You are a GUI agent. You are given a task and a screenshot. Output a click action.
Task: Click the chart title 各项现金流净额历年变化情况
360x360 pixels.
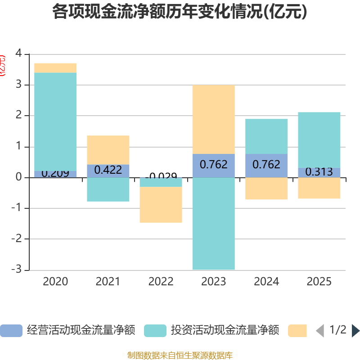(x=180, y=12)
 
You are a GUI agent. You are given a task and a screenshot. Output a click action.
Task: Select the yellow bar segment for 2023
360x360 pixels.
(x=213, y=119)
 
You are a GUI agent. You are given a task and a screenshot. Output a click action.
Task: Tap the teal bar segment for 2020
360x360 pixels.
(x=55, y=121)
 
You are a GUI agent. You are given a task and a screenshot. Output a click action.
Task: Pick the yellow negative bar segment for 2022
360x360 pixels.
(x=161, y=205)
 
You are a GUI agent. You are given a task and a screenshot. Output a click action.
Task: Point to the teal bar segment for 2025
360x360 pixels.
(x=319, y=139)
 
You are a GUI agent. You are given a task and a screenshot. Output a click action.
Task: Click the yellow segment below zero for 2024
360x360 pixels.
(x=266, y=189)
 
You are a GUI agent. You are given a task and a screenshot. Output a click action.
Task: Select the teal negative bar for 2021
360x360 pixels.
(x=108, y=189)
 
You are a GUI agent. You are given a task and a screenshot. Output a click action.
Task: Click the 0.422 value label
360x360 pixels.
(x=108, y=170)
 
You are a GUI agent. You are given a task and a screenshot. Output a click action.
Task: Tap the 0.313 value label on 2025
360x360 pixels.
(x=319, y=172)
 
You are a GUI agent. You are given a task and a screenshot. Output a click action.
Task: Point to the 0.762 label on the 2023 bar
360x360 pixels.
(x=213, y=165)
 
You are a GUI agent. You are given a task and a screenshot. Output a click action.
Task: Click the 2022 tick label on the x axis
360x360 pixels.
(x=161, y=282)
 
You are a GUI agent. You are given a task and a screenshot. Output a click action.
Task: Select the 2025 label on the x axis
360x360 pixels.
(x=319, y=282)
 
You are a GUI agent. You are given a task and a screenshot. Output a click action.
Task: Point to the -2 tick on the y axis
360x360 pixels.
(x=18, y=239)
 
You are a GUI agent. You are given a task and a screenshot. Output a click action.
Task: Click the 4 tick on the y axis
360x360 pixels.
(x=18, y=54)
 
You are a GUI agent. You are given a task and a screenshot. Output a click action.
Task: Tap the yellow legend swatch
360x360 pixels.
(x=297, y=331)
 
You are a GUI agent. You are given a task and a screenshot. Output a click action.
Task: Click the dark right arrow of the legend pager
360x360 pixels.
(x=355, y=331)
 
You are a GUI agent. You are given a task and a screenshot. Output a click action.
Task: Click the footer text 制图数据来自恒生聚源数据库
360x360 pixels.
(x=180, y=355)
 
